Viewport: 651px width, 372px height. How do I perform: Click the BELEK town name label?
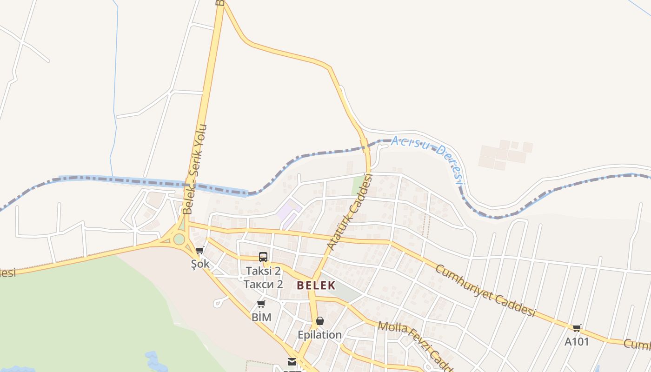point(316,285)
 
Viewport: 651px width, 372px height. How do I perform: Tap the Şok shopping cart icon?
point(200,251)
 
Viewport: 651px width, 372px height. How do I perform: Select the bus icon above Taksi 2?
point(263,257)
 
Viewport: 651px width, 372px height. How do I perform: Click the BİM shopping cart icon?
point(261,304)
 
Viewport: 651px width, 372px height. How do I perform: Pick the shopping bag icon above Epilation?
point(319,321)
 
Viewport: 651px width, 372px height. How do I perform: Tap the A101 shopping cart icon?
point(577,328)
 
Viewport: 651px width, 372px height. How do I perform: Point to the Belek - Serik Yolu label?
point(195,169)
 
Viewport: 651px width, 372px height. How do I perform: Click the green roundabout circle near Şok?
point(179,239)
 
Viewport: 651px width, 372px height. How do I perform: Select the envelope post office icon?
point(292,362)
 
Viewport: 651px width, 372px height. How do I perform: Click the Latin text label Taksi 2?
point(263,271)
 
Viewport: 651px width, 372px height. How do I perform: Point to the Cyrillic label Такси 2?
point(263,284)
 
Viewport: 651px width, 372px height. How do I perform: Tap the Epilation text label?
point(319,335)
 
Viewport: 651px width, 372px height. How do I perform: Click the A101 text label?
point(577,342)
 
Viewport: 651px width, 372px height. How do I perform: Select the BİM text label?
point(261,318)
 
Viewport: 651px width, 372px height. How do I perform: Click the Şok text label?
point(200,264)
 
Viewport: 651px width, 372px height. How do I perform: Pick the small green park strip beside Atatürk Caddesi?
point(358,185)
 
